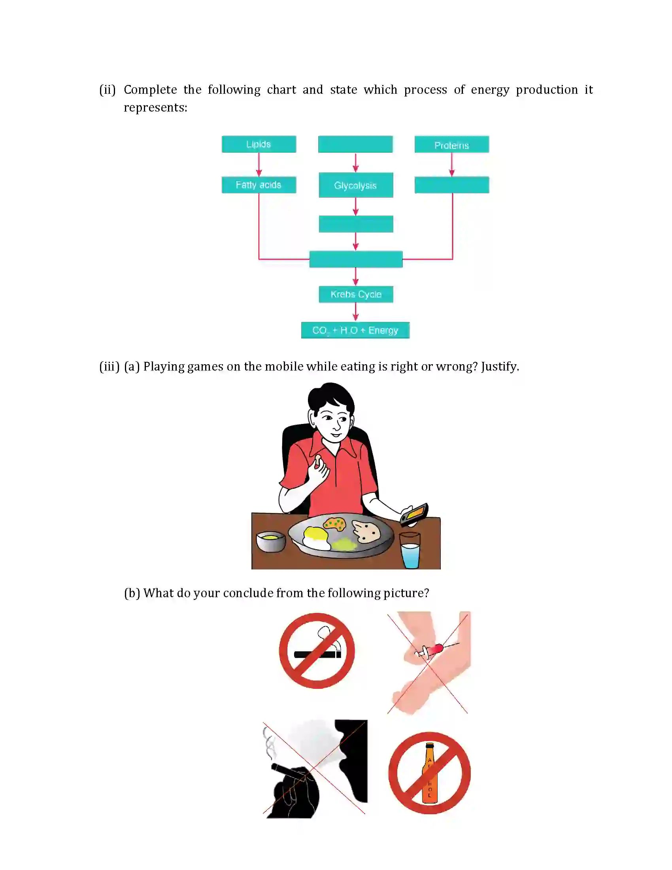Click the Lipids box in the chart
click(259, 144)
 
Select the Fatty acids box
click(259, 185)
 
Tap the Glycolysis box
click(355, 185)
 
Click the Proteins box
click(451, 145)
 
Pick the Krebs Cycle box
click(355, 294)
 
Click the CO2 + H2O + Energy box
click(355, 330)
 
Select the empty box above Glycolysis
click(355, 144)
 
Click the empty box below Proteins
click(451, 185)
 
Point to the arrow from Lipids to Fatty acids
click(259, 165)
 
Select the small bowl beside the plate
click(271, 541)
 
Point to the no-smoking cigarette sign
click(317, 651)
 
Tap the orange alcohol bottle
click(429, 773)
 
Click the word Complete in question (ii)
click(150, 90)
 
